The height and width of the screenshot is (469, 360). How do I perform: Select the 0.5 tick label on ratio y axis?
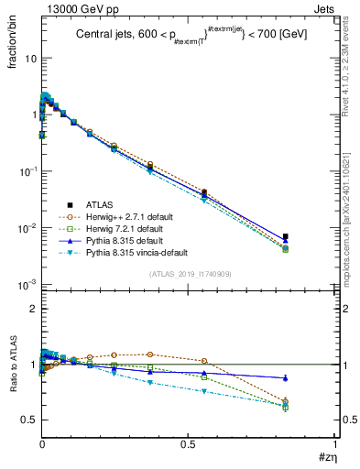coord(27,420)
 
